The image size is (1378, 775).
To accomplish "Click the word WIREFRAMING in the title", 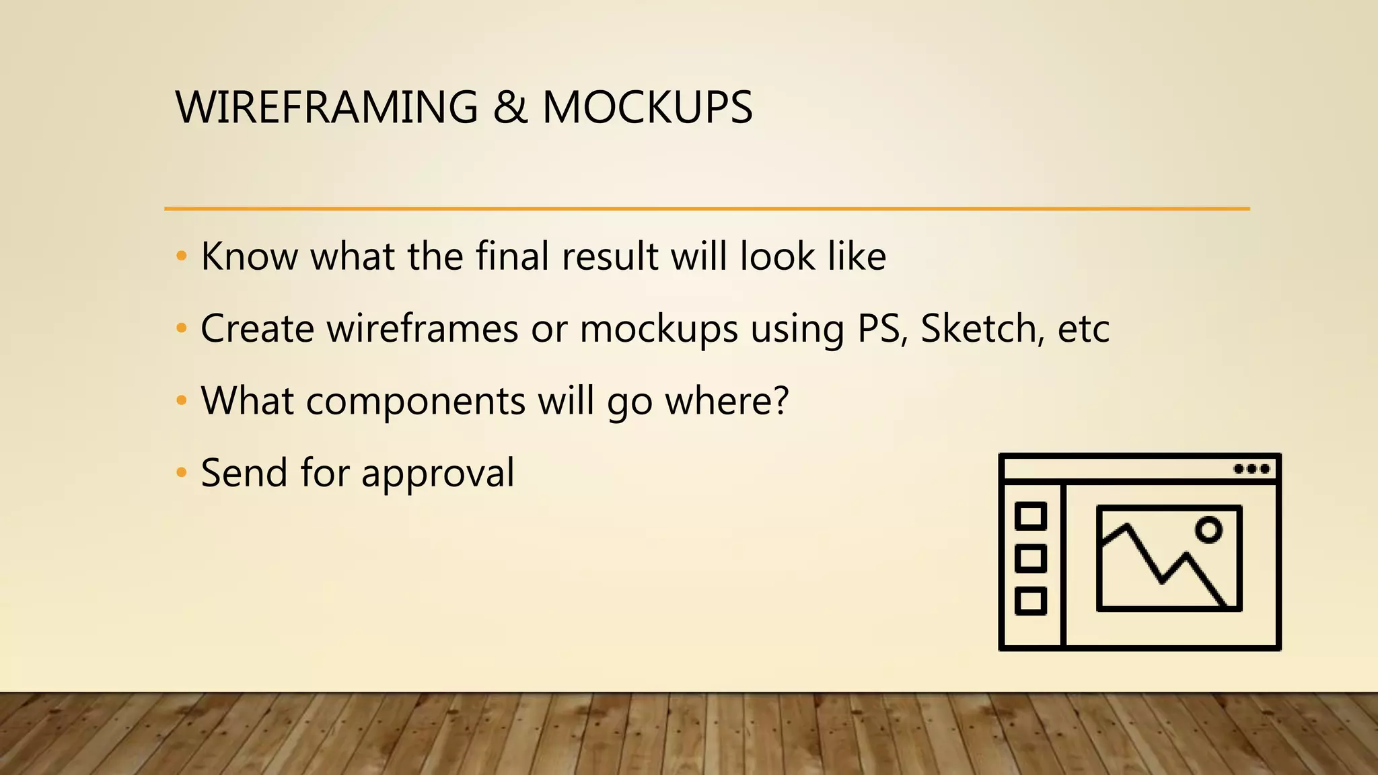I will point(326,108).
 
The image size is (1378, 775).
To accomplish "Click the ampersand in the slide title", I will point(510,108).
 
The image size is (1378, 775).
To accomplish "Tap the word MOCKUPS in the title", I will point(647,108).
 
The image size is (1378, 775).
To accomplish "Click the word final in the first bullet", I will point(513,257).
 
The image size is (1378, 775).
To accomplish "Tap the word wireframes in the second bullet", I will point(423,329).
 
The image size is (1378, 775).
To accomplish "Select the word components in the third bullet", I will point(415,402).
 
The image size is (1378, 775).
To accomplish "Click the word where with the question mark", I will point(727,401).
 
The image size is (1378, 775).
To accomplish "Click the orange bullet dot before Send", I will point(181,473).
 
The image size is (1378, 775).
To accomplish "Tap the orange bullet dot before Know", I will point(181,256).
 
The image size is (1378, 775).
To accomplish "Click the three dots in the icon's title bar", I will point(1252,469).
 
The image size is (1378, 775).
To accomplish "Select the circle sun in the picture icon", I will point(1208,530).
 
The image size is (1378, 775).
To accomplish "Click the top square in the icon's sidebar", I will point(1030,517).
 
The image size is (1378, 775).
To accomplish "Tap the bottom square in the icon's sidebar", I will point(1030,601).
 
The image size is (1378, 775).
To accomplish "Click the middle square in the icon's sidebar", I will point(1030,558).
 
